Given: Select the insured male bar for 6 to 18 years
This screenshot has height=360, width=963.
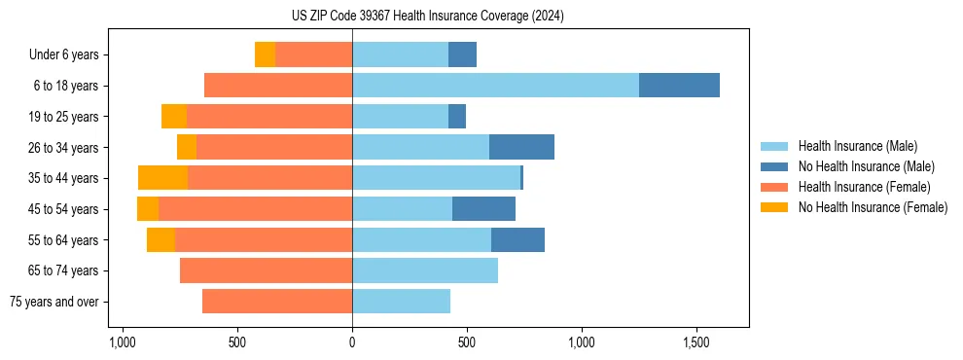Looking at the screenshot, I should (x=495, y=86).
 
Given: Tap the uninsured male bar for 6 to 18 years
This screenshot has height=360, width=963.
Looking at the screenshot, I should (x=679, y=86).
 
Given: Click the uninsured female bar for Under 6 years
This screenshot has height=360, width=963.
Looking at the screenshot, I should (x=265, y=54).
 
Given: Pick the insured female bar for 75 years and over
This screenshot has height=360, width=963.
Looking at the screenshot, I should (x=277, y=302).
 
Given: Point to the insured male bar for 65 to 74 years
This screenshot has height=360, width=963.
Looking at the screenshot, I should (x=425, y=270).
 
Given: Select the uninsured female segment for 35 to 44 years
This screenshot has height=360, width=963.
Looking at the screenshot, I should (x=162, y=178).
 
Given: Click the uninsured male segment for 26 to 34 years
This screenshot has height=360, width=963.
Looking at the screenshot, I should (x=521, y=147).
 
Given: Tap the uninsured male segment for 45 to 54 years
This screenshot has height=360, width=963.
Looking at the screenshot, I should (x=483, y=209).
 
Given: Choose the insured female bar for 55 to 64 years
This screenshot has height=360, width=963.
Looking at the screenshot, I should (x=264, y=239).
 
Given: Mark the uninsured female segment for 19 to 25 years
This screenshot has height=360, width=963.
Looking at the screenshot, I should (x=174, y=117).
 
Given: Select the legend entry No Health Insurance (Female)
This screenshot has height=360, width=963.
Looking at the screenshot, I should (x=873, y=207).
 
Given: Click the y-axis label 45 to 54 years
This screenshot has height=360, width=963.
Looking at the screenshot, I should (x=64, y=209).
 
